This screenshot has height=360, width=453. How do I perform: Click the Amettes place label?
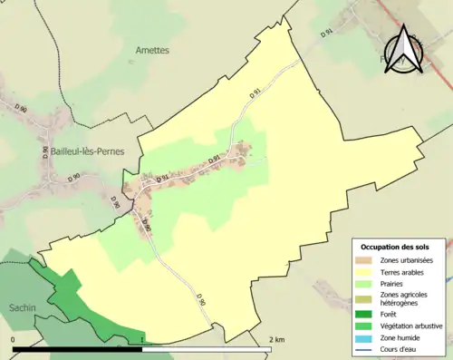pos(151,51)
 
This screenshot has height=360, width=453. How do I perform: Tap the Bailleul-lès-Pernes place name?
pos(82,152)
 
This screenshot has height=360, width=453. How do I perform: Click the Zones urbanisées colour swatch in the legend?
pos(365,260)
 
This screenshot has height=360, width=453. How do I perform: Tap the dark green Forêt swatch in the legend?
pos(365,314)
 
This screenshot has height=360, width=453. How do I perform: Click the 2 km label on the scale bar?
pos(278,339)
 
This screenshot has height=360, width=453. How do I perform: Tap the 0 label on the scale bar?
pos(14,339)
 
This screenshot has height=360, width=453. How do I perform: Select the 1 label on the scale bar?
pos(142,339)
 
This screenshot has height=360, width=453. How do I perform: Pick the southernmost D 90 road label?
pos(200,299)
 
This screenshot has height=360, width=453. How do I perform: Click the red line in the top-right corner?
pos(426,36)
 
